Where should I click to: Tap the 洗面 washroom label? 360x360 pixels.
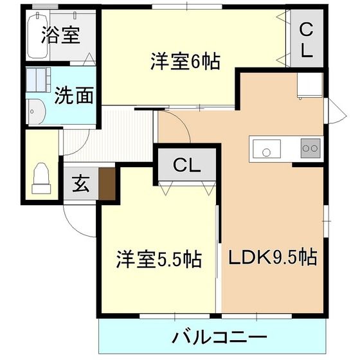[73, 96]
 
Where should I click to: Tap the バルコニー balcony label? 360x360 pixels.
[220, 337]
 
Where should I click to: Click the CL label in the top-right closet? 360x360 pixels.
[306, 40]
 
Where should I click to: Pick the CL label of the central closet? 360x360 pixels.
[186, 165]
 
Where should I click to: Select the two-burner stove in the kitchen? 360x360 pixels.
[310, 148]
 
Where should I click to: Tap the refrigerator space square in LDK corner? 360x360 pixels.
[309, 85]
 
